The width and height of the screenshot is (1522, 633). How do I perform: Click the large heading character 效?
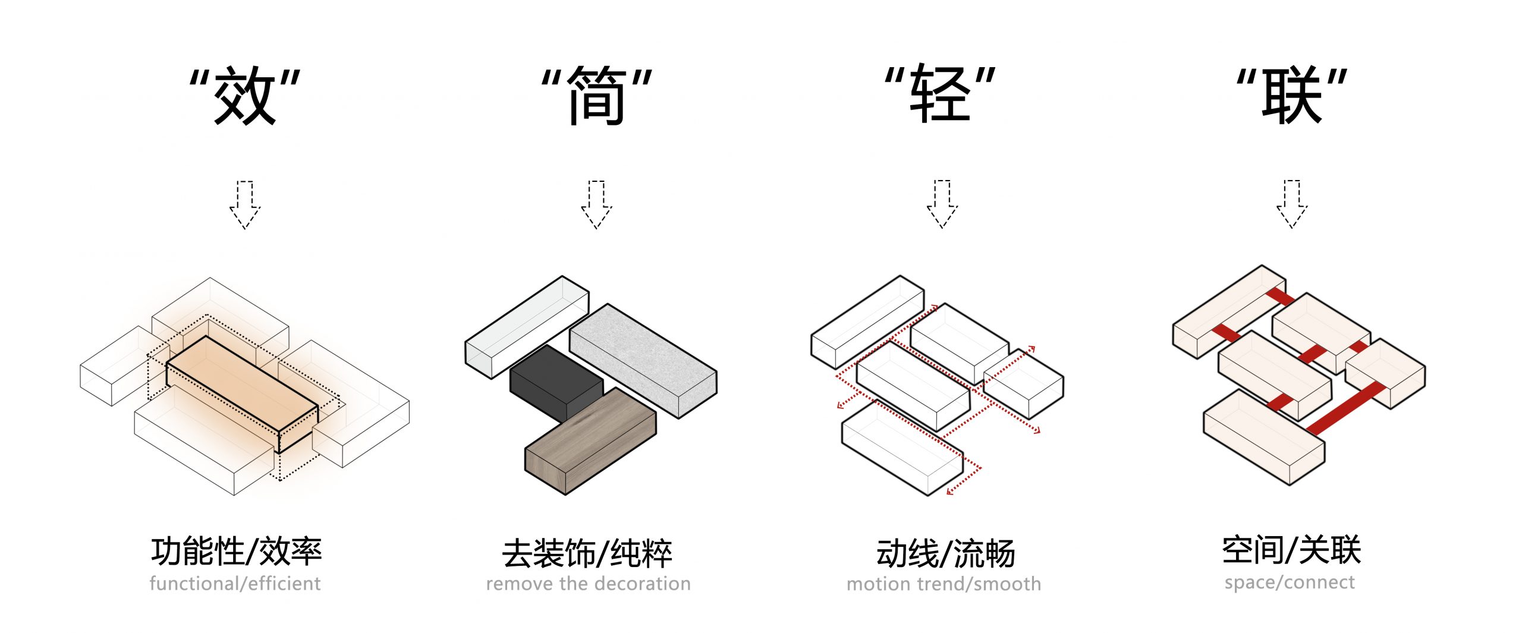(245, 95)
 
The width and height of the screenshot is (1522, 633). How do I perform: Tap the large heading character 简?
(596, 95)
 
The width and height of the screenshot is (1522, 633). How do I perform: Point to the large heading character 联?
(1291, 95)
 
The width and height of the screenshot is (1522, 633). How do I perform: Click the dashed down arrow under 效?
(245, 205)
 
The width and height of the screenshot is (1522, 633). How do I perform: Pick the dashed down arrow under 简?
(596, 205)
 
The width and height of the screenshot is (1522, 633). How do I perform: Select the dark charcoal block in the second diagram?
(553, 380)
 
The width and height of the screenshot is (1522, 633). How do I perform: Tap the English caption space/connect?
(1290, 582)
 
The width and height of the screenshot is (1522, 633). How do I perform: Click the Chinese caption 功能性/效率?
(236, 551)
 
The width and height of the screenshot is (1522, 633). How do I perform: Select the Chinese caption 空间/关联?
(1291, 550)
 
